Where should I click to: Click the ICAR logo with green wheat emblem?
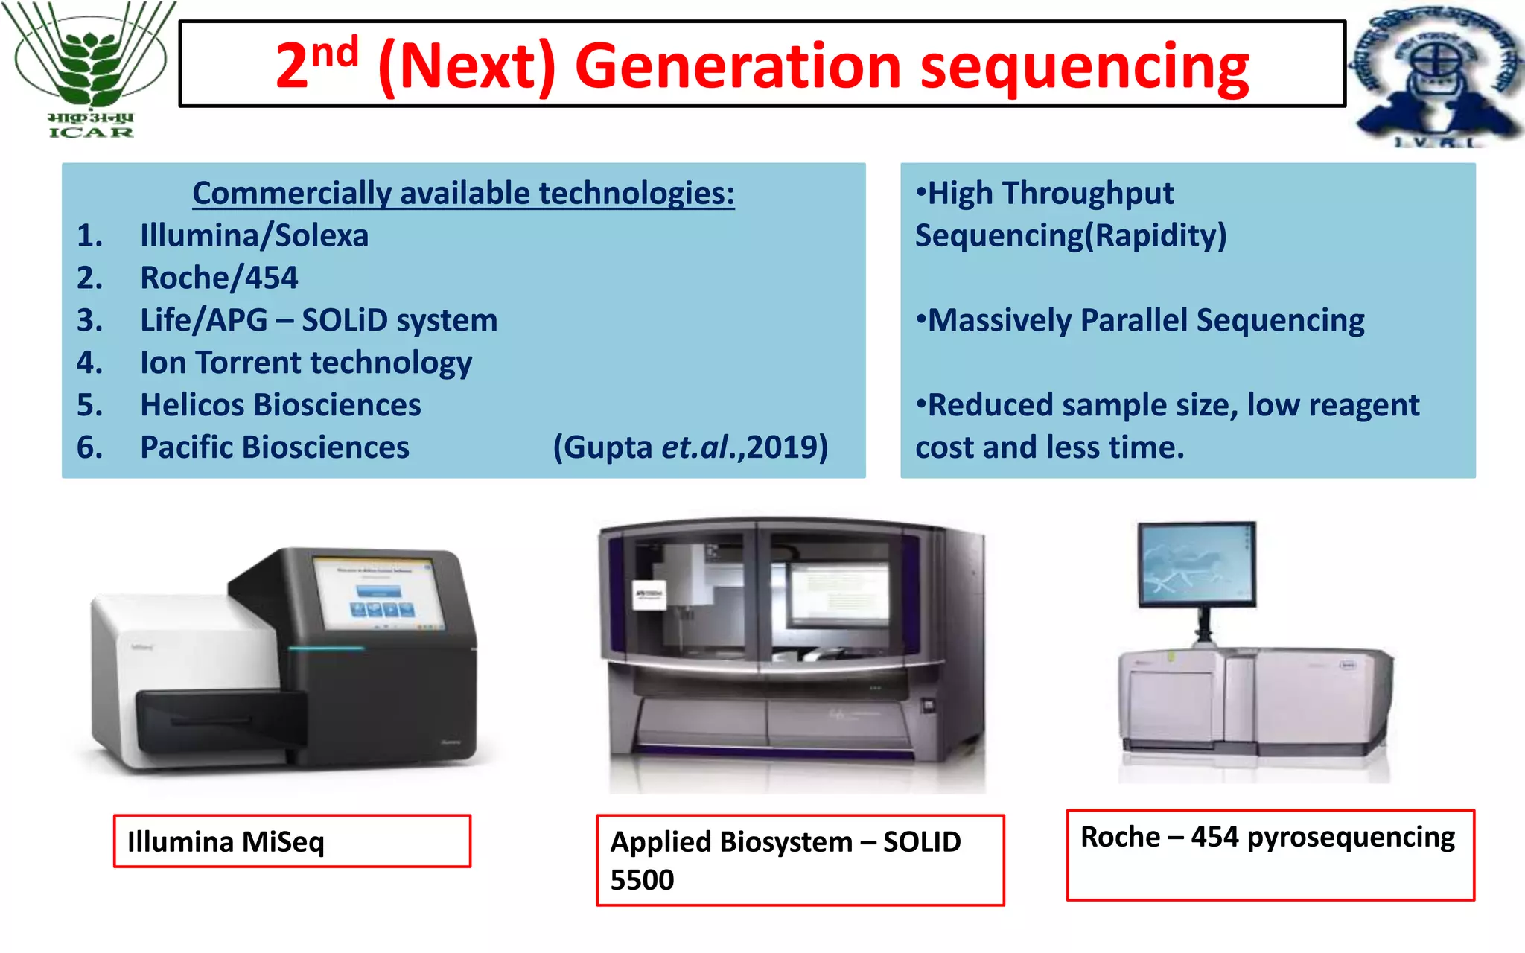pyautogui.click(x=89, y=71)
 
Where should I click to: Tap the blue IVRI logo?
pyautogui.click(x=1435, y=74)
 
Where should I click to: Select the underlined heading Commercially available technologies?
pyautogui.click(x=463, y=194)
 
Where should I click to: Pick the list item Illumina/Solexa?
pyautogui.click(x=254, y=236)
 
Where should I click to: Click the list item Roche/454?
pyautogui.click(x=219, y=278)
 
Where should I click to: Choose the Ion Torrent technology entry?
pyautogui.click(x=306, y=363)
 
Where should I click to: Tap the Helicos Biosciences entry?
pyautogui.click(x=281, y=406)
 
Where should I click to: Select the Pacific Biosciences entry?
pyautogui.click(x=275, y=448)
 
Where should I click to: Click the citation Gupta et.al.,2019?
pyautogui.click(x=690, y=448)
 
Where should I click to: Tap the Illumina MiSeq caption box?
pyautogui.click(x=292, y=841)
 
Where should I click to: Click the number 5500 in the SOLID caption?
pyautogui.click(x=642, y=881)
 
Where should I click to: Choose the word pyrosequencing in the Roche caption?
pyautogui.click(x=1350, y=838)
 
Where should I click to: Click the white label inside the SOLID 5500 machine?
pyautogui.click(x=649, y=594)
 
